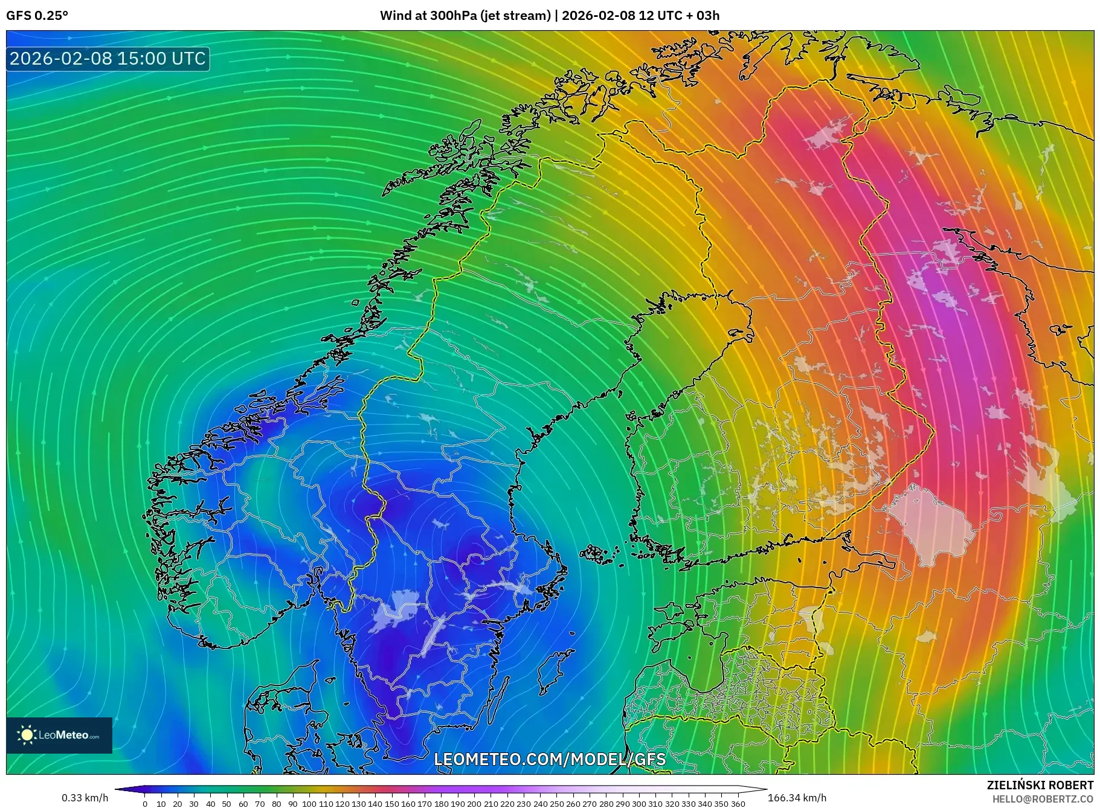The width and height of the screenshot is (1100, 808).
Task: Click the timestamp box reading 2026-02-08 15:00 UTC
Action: [x=108, y=59]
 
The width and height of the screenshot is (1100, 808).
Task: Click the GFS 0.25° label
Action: [x=37, y=16]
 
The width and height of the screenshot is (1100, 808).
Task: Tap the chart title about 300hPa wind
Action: [x=549, y=16]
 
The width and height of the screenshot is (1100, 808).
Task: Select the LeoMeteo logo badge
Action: [x=59, y=735]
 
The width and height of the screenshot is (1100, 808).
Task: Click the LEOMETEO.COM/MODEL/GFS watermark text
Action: [x=550, y=759]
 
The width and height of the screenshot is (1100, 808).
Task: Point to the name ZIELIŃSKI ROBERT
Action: [x=1040, y=785]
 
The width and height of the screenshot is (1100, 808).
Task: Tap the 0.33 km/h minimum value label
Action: [x=85, y=798]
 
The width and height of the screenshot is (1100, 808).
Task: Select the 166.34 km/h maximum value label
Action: [x=797, y=798]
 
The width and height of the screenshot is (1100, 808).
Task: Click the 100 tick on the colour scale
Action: [x=309, y=804]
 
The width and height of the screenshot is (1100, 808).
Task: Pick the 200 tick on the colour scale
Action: [x=474, y=804]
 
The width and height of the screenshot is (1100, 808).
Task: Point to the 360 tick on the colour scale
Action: [x=738, y=804]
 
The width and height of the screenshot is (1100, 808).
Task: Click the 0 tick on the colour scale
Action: [x=145, y=804]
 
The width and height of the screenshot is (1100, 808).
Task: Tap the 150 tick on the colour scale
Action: [x=391, y=804]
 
